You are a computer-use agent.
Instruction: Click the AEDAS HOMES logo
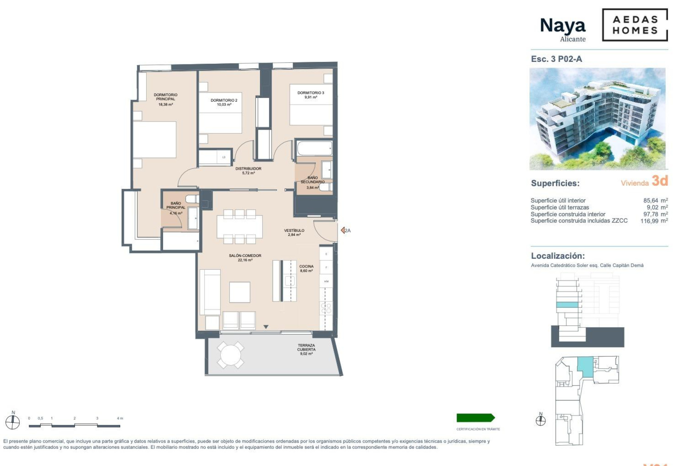point(635,25)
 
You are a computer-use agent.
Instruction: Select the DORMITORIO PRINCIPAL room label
point(165,99)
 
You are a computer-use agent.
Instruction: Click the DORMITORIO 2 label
point(224,102)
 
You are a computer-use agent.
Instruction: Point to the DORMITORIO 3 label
point(311,95)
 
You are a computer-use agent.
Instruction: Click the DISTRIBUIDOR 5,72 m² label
point(248,171)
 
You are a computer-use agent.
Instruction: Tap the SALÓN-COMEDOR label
point(245,258)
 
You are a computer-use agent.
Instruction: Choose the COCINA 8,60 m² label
point(306,268)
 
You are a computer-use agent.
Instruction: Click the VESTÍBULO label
point(294,232)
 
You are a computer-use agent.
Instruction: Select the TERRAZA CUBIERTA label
point(306,349)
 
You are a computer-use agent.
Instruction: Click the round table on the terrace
point(230,355)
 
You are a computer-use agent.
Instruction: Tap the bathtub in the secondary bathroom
point(315,149)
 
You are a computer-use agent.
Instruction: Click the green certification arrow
point(475,418)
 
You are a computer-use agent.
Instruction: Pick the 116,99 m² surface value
point(654,221)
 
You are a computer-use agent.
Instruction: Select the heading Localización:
point(558,256)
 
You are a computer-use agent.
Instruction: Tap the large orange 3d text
point(660,181)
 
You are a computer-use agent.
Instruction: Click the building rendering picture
point(597,119)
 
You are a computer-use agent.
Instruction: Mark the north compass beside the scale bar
point(13,422)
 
